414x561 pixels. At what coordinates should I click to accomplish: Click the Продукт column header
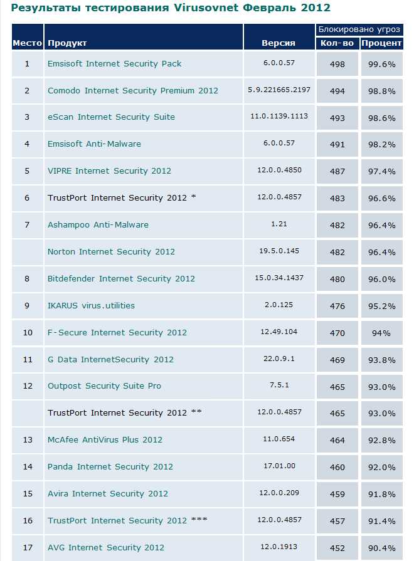(x=67, y=43)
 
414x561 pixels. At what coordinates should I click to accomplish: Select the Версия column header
(x=279, y=43)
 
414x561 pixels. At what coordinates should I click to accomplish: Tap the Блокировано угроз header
(x=359, y=30)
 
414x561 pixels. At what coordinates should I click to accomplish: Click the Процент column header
(x=381, y=43)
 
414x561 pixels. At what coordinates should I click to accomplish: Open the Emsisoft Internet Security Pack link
(x=115, y=63)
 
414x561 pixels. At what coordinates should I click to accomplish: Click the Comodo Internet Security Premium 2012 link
(x=133, y=90)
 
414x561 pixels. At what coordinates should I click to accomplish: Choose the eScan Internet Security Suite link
(x=111, y=117)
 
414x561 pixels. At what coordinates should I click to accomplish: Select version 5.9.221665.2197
(x=279, y=90)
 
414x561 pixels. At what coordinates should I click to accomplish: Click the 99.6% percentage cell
(x=381, y=64)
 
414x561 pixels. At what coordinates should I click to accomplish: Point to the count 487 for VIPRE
(x=337, y=171)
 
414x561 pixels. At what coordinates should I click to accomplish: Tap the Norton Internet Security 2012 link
(x=111, y=251)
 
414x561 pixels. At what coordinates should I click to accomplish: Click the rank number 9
(x=27, y=305)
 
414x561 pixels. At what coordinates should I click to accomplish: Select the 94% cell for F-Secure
(x=381, y=333)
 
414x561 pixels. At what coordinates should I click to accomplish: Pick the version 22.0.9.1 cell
(x=279, y=359)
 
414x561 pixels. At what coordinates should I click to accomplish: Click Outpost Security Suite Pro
(x=104, y=386)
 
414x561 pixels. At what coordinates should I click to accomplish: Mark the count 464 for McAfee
(x=337, y=440)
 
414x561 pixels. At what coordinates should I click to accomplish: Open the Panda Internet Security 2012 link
(x=110, y=466)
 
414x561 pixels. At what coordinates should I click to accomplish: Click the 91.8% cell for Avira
(x=381, y=494)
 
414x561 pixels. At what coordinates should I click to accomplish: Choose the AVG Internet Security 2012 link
(x=105, y=547)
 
